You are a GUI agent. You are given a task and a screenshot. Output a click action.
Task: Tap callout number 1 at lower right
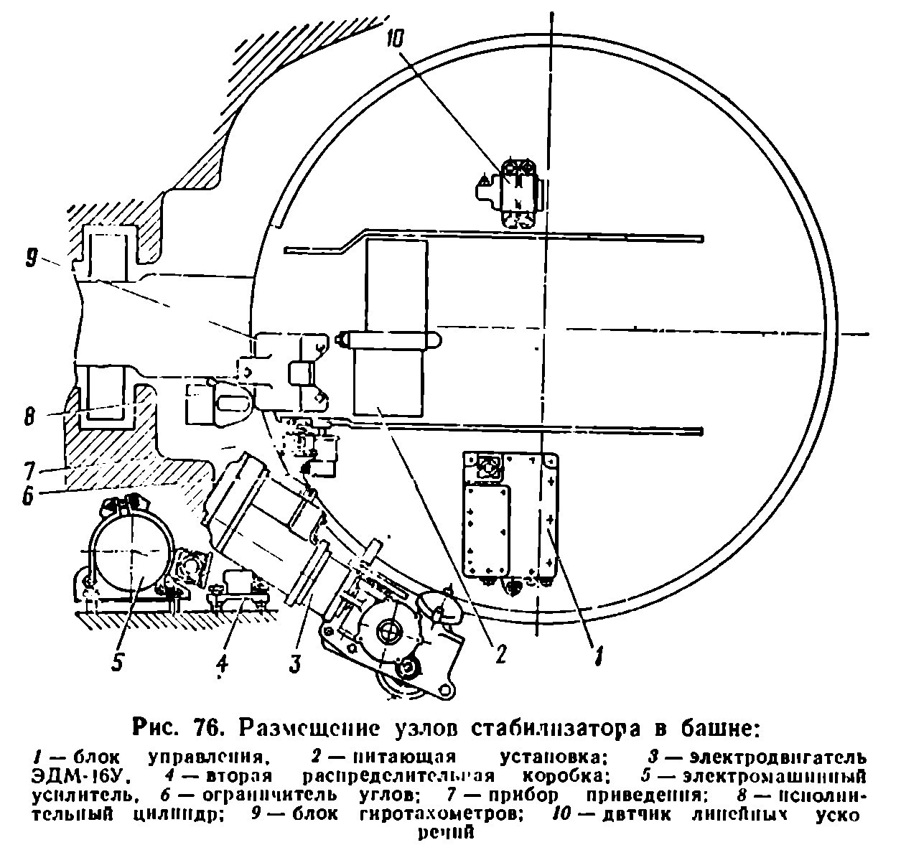(x=595, y=655)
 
